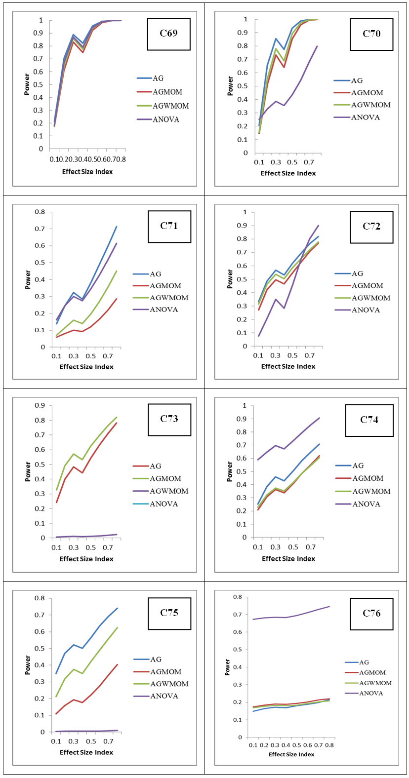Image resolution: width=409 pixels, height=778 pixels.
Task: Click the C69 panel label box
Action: [168, 34]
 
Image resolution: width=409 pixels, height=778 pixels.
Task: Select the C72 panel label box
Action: [371, 227]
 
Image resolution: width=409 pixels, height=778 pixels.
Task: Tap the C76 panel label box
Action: [371, 613]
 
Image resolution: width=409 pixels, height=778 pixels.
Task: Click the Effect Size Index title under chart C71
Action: [86, 367]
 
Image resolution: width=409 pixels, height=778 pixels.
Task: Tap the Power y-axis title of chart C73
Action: [28, 472]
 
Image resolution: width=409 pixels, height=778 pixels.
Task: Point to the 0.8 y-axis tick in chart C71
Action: [40, 212]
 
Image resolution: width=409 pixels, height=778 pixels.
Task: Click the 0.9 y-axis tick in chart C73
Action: [40, 405]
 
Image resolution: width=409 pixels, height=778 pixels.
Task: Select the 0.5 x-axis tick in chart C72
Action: [293, 355]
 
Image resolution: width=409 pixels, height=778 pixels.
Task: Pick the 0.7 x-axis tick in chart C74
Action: [311, 547]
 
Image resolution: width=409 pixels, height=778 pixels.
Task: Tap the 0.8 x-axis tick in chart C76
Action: [329, 745]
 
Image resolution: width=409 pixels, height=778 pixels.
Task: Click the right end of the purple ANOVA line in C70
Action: [317, 46]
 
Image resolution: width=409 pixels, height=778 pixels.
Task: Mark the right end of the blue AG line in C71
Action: [117, 227]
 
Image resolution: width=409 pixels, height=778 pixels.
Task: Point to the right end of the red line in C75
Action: [117, 664]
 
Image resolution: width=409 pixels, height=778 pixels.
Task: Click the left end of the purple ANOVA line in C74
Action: [258, 460]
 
